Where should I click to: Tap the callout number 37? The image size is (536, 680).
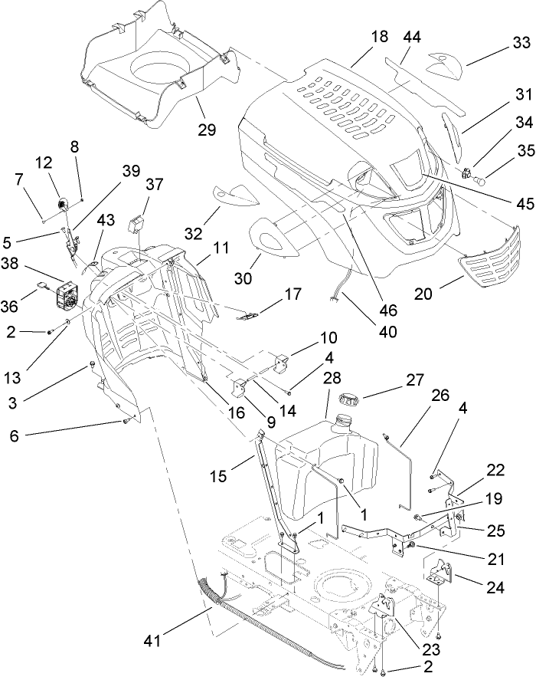(x=155, y=185)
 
